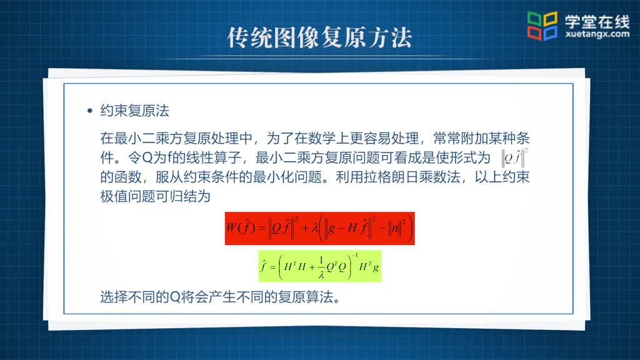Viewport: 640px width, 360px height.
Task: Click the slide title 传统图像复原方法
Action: (x=319, y=38)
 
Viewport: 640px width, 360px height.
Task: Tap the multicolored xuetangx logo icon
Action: (x=542, y=26)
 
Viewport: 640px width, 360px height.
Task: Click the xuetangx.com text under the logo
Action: (x=597, y=34)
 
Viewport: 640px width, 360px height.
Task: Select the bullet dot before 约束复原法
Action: (x=90, y=111)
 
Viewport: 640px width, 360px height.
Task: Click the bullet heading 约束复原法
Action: (x=135, y=111)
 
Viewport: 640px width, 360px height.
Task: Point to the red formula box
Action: (x=319, y=228)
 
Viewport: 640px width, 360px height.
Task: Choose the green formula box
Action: (x=319, y=266)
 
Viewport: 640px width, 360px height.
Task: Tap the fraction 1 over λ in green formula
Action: (x=321, y=267)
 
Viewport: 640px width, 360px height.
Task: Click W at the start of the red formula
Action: (x=232, y=227)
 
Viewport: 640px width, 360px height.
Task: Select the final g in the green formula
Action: (x=376, y=267)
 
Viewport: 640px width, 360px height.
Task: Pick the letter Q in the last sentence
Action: (x=175, y=297)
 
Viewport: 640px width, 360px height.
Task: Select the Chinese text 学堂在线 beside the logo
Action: (x=597, y=21)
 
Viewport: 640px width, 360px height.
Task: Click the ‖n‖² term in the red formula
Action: (x=397, y=227)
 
